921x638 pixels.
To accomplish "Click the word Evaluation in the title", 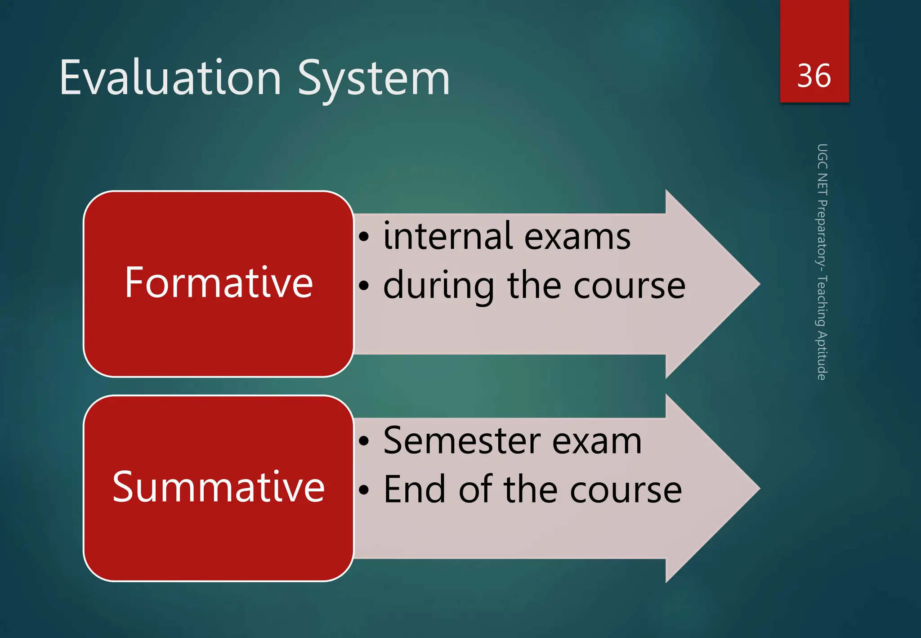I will [x=170, y=79].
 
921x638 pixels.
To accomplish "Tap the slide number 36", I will [x=814, y=76].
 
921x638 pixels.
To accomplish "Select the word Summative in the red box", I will [x=219, y=487].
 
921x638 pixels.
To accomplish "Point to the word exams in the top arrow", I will [x=577, y=238].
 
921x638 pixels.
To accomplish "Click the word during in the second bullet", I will [x=438, y=286].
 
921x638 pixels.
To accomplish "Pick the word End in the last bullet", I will [x=415, y=490].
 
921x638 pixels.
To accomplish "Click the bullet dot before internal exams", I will [x=364, y=237].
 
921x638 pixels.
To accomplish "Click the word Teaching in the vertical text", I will [x=822, y=301].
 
